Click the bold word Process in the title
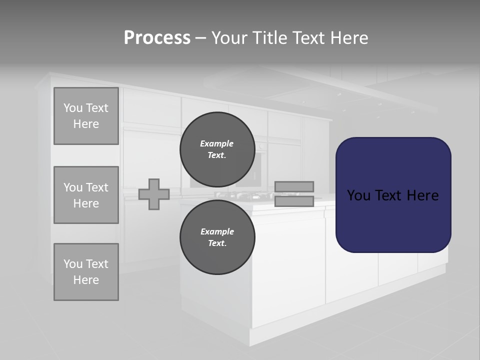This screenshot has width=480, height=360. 157,38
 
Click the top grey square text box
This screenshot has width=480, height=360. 86,116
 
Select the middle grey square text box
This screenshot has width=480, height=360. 86,195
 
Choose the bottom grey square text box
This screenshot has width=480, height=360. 86,272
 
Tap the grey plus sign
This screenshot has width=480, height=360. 153,194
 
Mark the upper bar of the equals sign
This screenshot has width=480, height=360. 294,186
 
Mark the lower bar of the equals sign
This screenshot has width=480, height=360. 294,201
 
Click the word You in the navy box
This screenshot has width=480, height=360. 358,195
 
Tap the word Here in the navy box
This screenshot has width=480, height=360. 422,195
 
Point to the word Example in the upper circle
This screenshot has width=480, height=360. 217,143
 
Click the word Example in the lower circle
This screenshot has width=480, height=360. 217,231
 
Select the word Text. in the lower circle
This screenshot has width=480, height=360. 217,243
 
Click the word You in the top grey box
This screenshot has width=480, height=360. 72,108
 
